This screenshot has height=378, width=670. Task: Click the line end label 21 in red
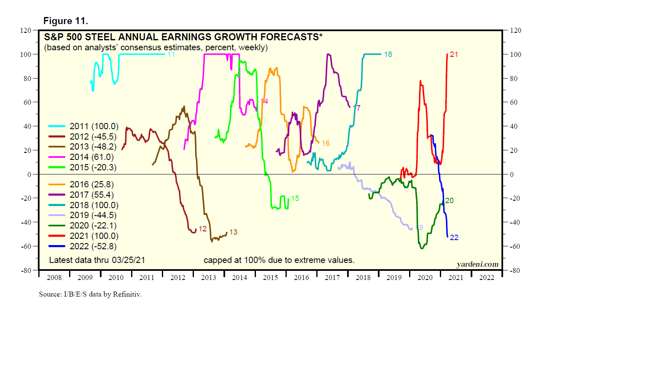coord(454,54)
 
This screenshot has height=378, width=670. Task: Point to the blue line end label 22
coord(454,238)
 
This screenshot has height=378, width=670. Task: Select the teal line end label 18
coord(388,54)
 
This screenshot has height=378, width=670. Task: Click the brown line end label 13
coord(233,232)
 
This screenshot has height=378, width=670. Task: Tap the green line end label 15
coord(295,199)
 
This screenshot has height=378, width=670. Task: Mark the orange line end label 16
coord(326,143)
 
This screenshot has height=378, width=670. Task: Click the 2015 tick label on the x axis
coord(270,277)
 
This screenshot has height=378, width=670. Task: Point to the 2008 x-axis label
coord(54,277)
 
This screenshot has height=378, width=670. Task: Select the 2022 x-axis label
coord(486,277)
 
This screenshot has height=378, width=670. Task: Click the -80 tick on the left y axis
coord(26,270)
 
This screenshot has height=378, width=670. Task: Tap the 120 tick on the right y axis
coord(516,30)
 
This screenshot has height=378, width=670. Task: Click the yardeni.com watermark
coord(477,264)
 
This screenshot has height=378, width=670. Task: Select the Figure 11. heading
coord(66,21)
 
